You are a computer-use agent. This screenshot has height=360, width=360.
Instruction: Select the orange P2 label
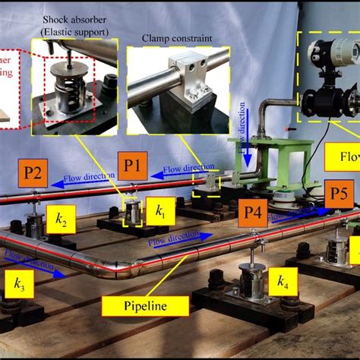coord(35,170)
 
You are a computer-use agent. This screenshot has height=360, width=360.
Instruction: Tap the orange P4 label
coord(254,215)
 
